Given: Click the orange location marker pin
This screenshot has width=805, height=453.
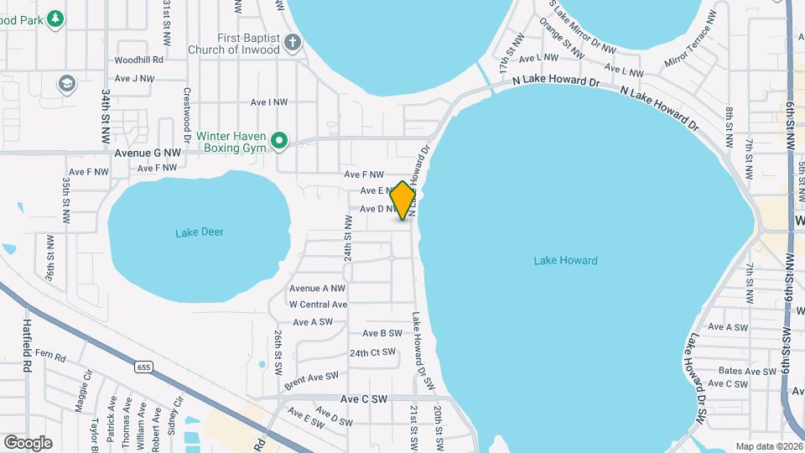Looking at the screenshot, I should tap(403, 200).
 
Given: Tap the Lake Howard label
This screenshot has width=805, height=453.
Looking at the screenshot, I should tap(565, 261).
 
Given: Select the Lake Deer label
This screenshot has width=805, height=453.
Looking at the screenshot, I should tap(200, 232).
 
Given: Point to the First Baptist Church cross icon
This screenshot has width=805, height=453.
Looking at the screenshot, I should tap(292, 43).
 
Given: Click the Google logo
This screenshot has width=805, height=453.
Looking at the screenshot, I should tap(28, 442).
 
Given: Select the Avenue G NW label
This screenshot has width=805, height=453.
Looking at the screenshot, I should tap(148, 154).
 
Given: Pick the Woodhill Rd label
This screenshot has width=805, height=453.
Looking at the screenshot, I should tap(139, 60).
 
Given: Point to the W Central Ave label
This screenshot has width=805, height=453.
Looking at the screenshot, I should tap(318, 305).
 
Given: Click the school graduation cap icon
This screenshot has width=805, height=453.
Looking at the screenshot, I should tap(66, 83).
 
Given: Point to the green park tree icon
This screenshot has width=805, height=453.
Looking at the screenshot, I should tap(55, 18).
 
